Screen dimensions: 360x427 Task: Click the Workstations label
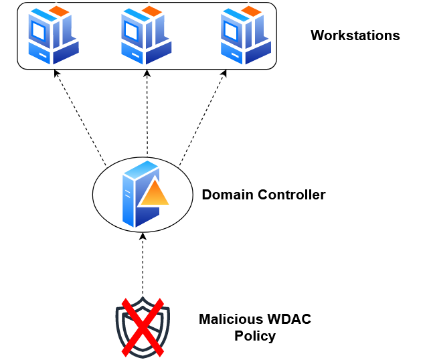tap(355, 36)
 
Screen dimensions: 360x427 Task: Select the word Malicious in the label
tap(232, 319)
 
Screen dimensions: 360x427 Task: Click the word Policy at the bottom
tap(255, 336)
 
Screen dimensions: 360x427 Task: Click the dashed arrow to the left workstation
tap(80, 117)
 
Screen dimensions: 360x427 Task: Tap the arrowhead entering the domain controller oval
tap(143, 236)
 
